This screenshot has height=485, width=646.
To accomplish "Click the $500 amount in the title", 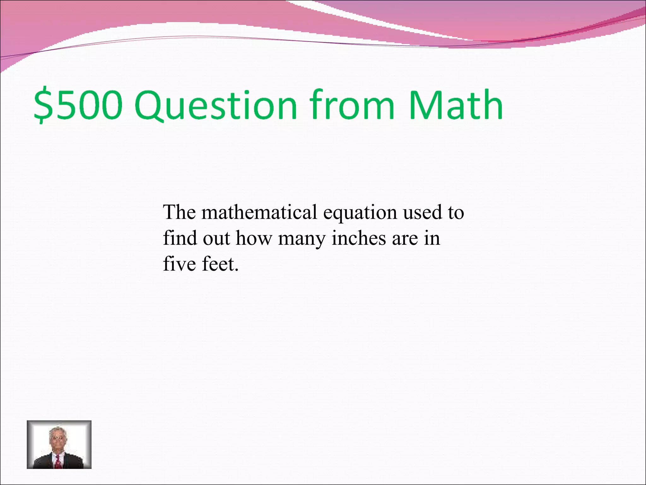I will click(78, 105).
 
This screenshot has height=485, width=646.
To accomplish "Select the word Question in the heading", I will click(217, 105).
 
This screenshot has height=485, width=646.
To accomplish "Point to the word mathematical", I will click(259, 212).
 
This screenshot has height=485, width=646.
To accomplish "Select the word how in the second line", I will click(254, 238).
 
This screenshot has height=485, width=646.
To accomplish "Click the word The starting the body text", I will click(179, 212).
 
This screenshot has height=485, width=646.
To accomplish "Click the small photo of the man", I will click(59, 444).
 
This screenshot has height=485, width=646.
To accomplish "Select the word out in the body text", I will click(216, 238).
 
